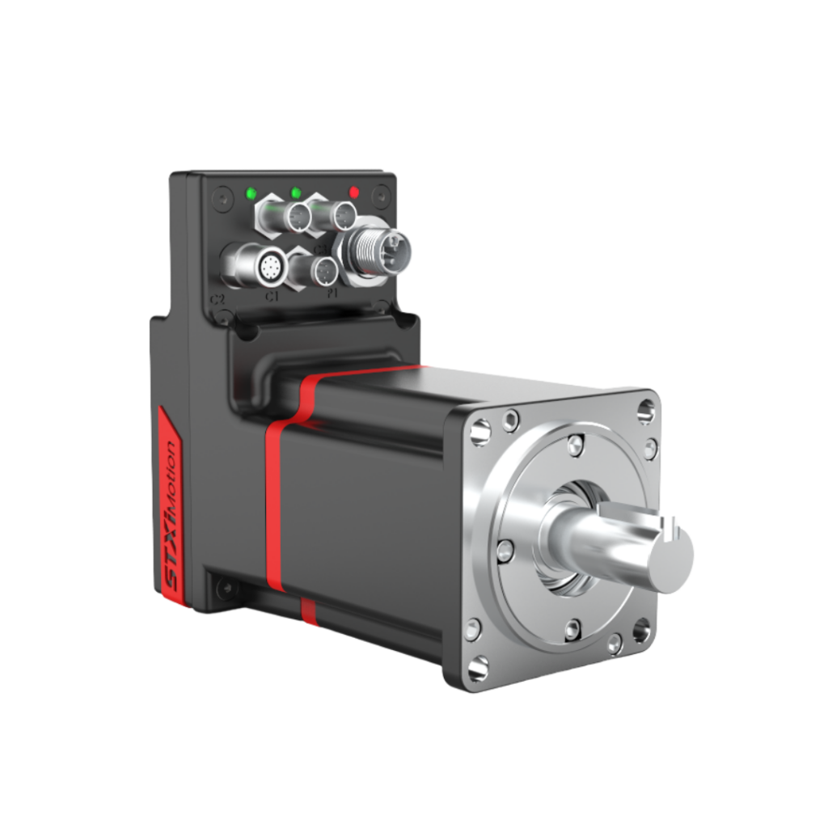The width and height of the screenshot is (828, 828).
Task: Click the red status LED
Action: tap(353, 192)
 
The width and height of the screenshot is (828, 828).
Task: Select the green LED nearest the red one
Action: tap(296, 192)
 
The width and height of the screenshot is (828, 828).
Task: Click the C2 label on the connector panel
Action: tap(217, 300)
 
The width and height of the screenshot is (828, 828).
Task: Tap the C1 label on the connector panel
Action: tap(272, 297)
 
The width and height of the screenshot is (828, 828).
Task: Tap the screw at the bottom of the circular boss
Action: tap(572, 629)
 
